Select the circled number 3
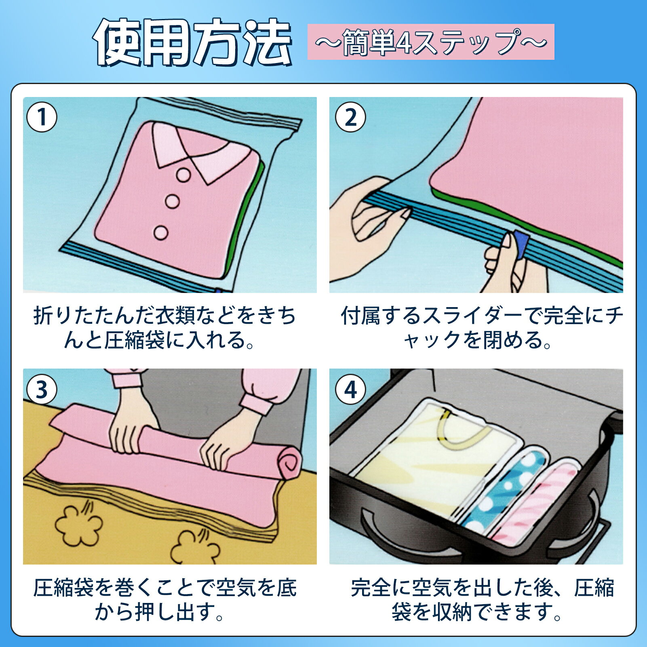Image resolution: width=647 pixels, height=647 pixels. pos(42,390)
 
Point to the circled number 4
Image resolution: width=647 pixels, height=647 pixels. pos(350,390)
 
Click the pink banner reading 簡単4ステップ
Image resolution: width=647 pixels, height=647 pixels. pos(431,42)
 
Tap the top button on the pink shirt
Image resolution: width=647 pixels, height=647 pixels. pos(183,175)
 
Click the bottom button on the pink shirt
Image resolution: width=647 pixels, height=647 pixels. pos(161,232)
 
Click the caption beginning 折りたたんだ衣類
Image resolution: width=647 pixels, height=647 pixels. pos(164,327)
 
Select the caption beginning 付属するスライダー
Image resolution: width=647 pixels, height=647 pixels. pos(482,327)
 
